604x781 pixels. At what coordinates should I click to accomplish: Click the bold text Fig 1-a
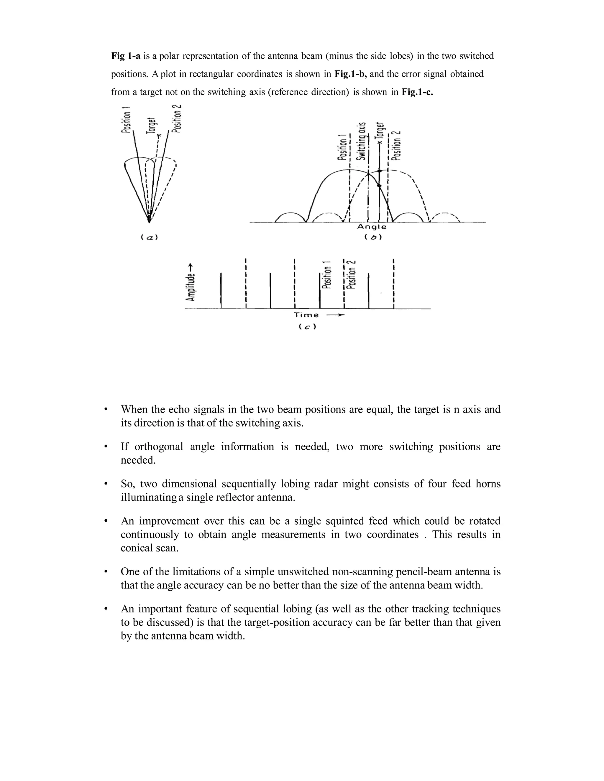tap(126, 56)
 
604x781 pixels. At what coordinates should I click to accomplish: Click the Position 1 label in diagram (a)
tap(126, 121)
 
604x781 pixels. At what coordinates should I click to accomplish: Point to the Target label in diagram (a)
tap(152, 126)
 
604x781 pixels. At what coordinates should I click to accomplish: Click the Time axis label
tap(306, 315)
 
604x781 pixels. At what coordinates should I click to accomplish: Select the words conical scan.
tap(149, 548)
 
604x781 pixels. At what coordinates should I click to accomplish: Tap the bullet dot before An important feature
tap(105, 609)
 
